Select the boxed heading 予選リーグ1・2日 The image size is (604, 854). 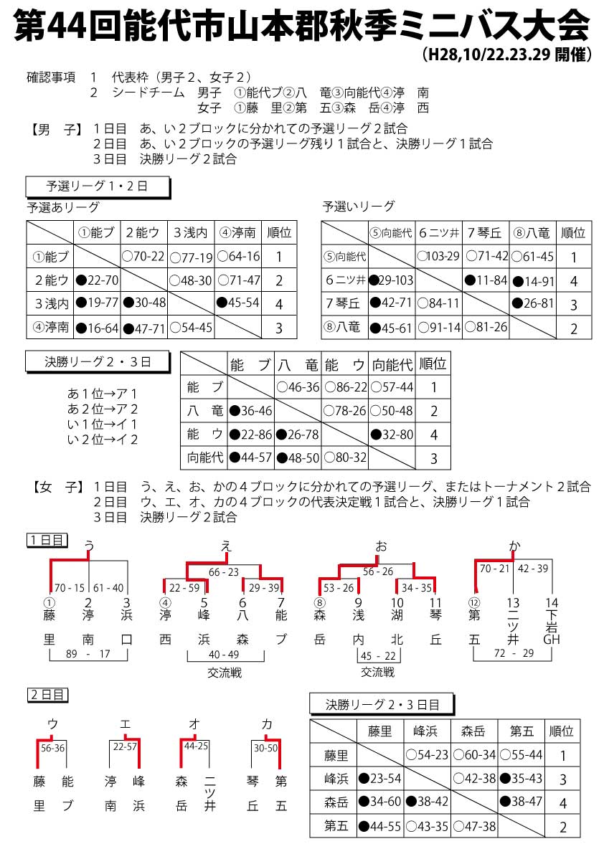pyautogui.click(x=98, y=186)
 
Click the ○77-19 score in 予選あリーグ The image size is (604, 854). pyautogui.click(x=192, y=256)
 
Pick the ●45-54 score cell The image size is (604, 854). pyautogui.click(x=238, y=303)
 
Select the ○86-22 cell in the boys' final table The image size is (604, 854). pyautogui.click(x=346, y=388)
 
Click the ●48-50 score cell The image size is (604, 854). pyautogui.click(x=299, y=457)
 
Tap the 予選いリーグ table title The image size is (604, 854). pyautogui.click(x=359, y=207)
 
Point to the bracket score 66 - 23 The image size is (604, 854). pyautogui.click(x=224, y=571)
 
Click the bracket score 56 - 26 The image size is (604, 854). pyautogui.click(x=377, y=571)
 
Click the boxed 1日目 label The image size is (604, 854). pyautogui.click(x=47, y=539)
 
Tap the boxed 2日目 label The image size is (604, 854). pyautogui.click(x=47, y=694)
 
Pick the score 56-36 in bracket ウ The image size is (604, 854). pyautogui.click(x=52, y=747)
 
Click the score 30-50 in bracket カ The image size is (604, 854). pyautogui.click(x=265, y=747)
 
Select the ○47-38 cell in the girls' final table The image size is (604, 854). pyautogui.click(x=474, y=826)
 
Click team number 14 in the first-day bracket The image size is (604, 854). pyautogui.click(x=551, y=603)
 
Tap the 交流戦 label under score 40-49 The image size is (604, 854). pyautogui.click(x=225, y=673)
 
